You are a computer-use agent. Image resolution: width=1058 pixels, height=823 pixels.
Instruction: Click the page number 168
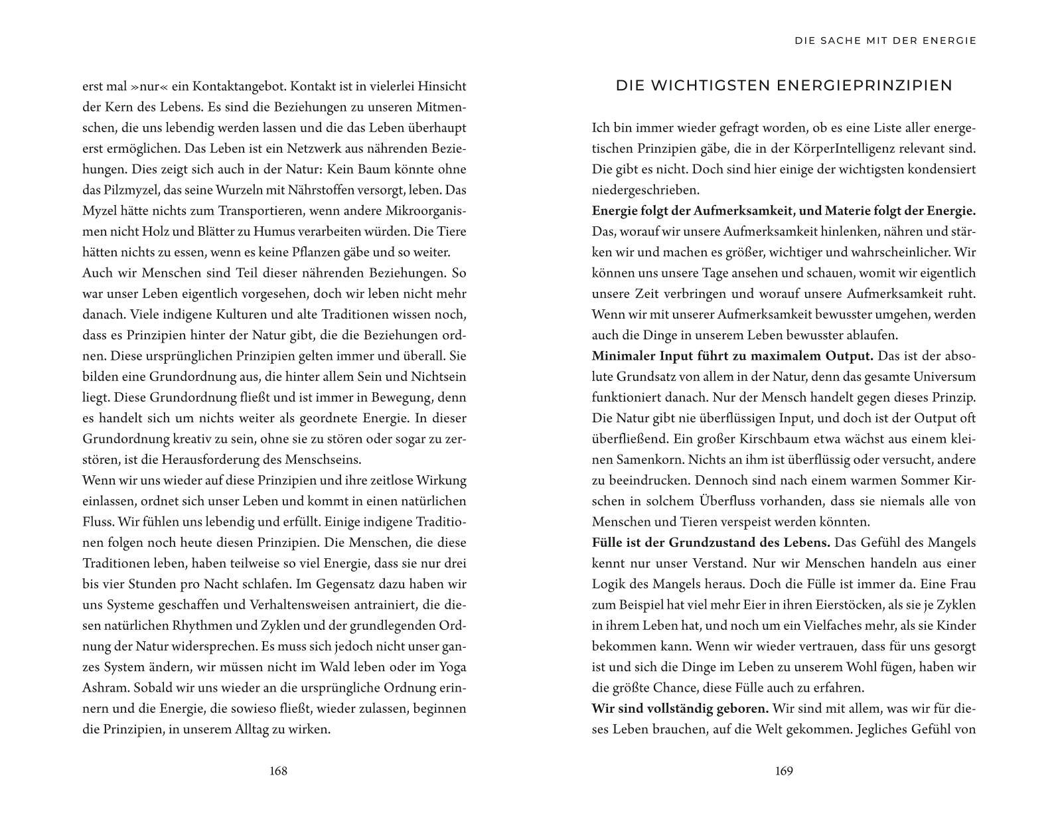click(278, 771)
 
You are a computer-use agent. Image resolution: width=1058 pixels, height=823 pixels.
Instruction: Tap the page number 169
click(784, 771)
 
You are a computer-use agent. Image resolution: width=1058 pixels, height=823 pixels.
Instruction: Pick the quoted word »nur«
click(140, 86)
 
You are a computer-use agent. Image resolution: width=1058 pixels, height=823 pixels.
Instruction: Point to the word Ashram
click(104, 688)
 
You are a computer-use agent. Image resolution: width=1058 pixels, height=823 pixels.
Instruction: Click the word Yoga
click(451, 667)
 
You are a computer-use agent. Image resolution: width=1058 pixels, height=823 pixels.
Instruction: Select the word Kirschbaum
click(723, 439)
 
